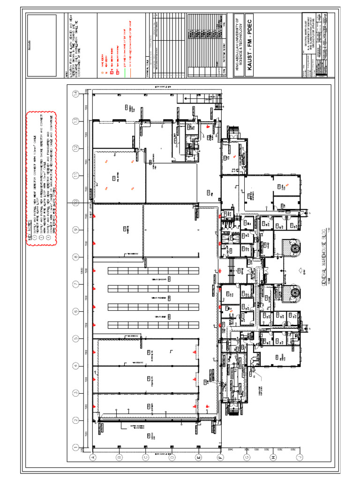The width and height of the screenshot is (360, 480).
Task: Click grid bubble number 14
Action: coord(75,94)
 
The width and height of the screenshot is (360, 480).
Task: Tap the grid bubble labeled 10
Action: coord(75,202)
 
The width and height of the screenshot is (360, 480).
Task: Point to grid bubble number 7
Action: coord(75,284)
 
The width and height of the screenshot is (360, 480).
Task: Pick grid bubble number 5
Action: coord(75,338)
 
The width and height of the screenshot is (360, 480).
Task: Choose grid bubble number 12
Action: coord(75,148)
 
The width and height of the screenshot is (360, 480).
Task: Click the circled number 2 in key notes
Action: coord(41,238)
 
